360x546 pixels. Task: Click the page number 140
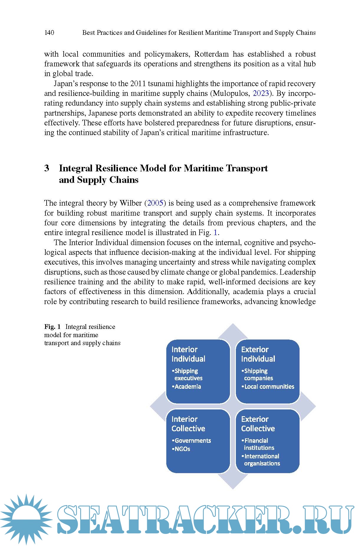click(x=49, y=32)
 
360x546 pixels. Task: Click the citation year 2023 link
click(x=261, y=94)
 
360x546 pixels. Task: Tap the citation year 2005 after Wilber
click(x=155, y=203)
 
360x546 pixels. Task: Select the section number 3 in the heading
click(x=47, y=168)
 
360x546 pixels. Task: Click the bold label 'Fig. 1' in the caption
click(x=52, y=327)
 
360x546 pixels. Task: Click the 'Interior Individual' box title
click(x=188, y=354)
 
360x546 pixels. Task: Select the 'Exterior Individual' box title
click(x=258, y=354)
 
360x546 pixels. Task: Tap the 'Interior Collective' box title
click(x=188, y=424)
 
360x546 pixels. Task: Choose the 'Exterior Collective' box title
click(x=258, y=424)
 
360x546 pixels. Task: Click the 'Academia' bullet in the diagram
click(x=188, y=387)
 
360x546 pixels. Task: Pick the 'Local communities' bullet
click(x=269, y=387)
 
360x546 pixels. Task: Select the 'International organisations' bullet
click(x=262, y=460)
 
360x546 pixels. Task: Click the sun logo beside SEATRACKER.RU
click(x=26, y=519)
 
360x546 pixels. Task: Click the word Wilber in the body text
click(x=131, y=203)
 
